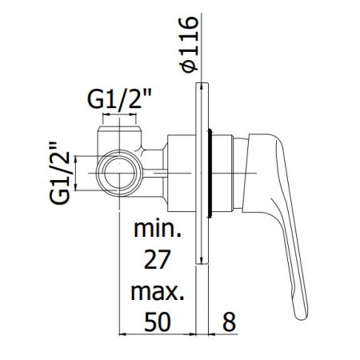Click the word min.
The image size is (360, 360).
click(x=158, y=234)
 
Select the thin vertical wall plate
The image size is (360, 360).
click(x=201, y=172)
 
